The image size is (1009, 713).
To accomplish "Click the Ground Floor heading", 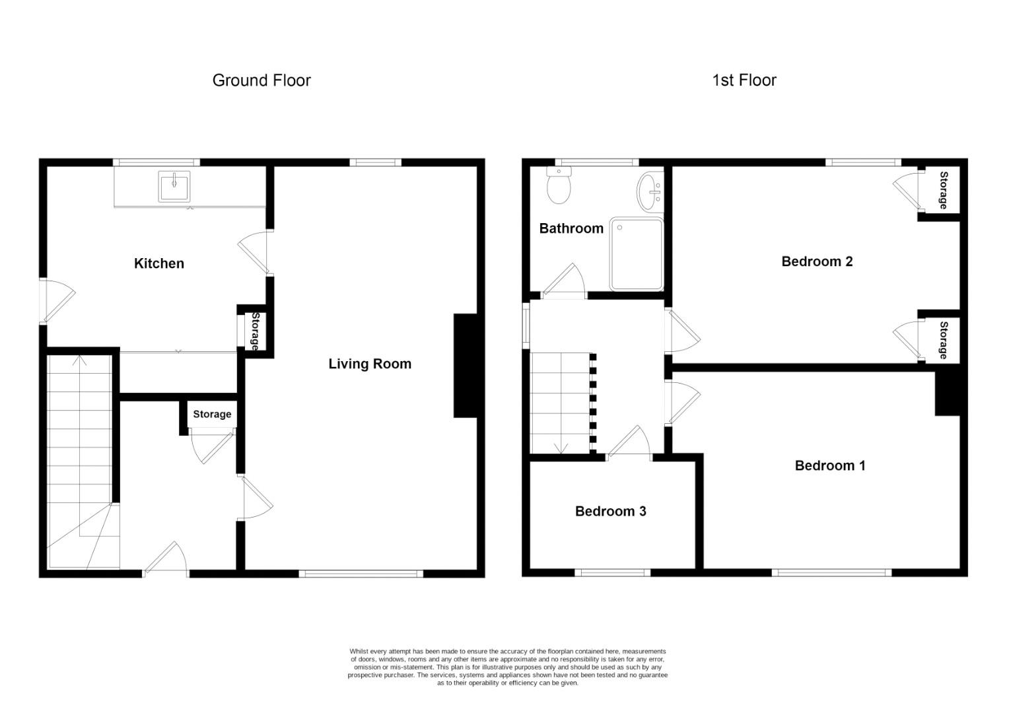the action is [261, 81].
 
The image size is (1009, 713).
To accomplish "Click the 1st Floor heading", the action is [744, 81].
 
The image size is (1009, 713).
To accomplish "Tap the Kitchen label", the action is [159, 263].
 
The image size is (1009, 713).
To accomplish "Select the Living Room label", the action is [370, 364].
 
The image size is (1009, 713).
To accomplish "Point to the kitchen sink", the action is [174, 186].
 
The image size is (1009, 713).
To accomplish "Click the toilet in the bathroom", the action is [559, 186].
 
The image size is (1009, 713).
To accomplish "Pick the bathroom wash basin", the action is [650, 189].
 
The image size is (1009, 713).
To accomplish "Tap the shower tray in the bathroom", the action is [636, 254].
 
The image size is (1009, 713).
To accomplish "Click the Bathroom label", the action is [571, 228].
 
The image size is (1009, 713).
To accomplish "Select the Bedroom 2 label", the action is [817, 261].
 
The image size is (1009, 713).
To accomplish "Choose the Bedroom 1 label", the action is [830, 465].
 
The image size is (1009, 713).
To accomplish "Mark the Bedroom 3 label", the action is [610, 511].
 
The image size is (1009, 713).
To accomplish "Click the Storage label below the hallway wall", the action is [212, 414].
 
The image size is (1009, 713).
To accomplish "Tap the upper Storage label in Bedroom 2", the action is [944, 190].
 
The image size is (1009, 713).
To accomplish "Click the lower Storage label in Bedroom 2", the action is [944, 340].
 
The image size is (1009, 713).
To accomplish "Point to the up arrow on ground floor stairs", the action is [81, 360].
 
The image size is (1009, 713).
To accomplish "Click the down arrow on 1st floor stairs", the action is [561, 448].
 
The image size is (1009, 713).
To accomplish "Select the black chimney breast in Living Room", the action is [465, 365].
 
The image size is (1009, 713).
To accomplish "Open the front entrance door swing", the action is [165, 561].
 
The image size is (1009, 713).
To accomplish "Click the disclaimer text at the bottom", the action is [507, 667].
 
